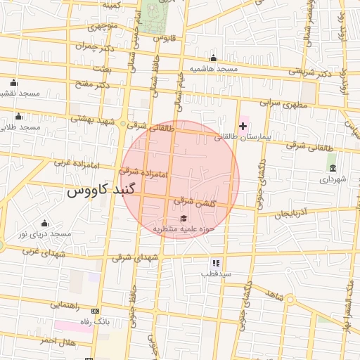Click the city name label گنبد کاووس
[x=95, y=191]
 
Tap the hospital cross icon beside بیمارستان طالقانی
[x=243, y=126]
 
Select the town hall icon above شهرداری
[x=332, y=168]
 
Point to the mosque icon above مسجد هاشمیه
[x=213, y=58]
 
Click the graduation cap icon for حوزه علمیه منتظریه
[x=184, y=218]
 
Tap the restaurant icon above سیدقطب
[x=215, y=262]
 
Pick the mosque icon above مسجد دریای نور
[x=45, y=223]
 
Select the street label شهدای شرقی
[x=136, y=259]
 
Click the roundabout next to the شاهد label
[x=290, y=300]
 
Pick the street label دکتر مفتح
[x=93, y=85]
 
